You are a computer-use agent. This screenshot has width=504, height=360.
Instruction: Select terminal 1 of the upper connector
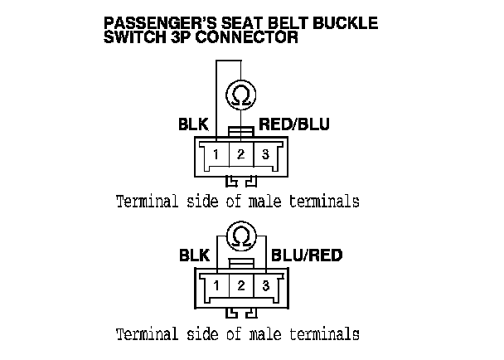pyautogui.click(x=215, y=154)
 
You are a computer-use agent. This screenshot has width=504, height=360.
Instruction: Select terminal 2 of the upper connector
pyautogui.click(x=240, y=154)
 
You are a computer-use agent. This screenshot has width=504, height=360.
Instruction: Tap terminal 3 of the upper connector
pyautogui.click(x=264, y=154)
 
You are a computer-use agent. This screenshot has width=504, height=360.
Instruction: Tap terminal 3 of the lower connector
pyautogui.click(x=264, y=286)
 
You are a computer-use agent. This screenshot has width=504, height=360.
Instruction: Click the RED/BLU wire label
pyautogui.click(x=294, y=125)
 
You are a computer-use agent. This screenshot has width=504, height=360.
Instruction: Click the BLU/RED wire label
pyautogui.click(x=307, y=255)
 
